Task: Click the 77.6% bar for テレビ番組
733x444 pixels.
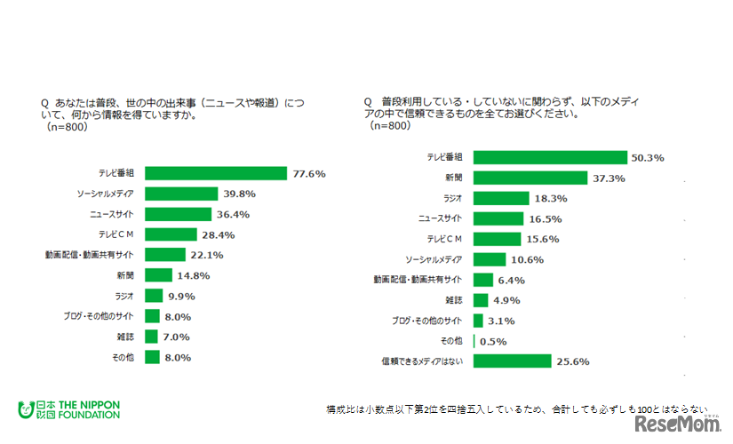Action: pyautogui.click(x=215, y=173)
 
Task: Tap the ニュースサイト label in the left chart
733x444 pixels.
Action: pyautogui.click(x=112, y=214)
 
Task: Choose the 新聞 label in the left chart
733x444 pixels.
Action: pyautogui.click(x=125, y=275)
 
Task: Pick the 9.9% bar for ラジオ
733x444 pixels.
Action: pyautogui.click(x=154, y=296)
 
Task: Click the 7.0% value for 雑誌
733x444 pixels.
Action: pyautogui.click(x=176, y=337)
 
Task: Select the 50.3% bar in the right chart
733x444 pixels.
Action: pyautogui.click(x=551, y=157)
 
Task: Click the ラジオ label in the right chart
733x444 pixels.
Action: pyautogui.click(x=453, y=198)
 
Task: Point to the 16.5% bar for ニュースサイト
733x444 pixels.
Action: pyautogui.click(x=498, y=218)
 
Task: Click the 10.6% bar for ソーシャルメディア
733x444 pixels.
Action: pyautogui.click(x=490, y=259)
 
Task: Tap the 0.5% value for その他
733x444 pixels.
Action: pyautogui.click(x=495, y=341)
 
